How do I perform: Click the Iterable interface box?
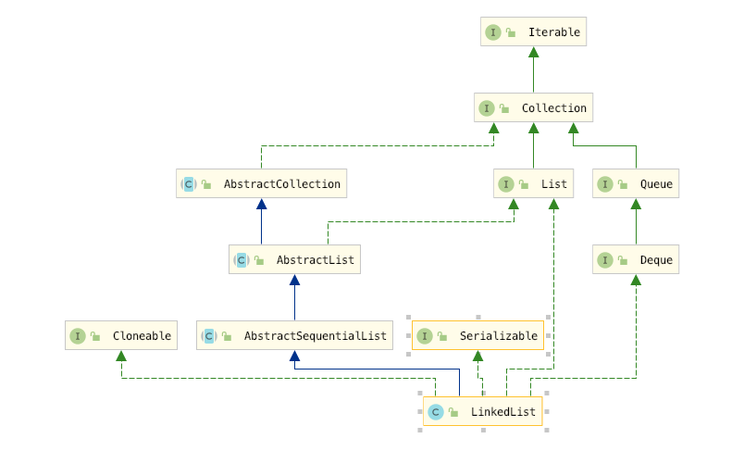(x=534, y=32)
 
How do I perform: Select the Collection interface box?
(x=533, y=108)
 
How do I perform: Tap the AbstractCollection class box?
(x=261, y=184)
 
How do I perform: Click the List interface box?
(x=534, y=184)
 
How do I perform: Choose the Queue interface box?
(x=636, y=184)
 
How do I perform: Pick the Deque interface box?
(x=636, y=260)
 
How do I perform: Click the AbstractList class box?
(x=294, y=260)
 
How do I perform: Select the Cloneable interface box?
(x=121, y=336)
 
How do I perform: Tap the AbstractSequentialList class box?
(x=294, y=336)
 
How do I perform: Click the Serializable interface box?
(x=478, y=336)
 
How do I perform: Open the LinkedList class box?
(x=482, y=412)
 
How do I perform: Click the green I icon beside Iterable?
(x=493, y=32)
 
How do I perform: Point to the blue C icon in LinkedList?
(x=435, y=412)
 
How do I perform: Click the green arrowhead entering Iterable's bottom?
(x=534, y=53)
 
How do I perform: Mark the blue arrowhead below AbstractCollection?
(x=261, y=205)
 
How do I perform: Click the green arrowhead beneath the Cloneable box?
(x=121, y=357)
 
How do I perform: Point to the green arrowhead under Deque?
(x=636, y=281)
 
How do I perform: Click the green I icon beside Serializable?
(x=424, y=336)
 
